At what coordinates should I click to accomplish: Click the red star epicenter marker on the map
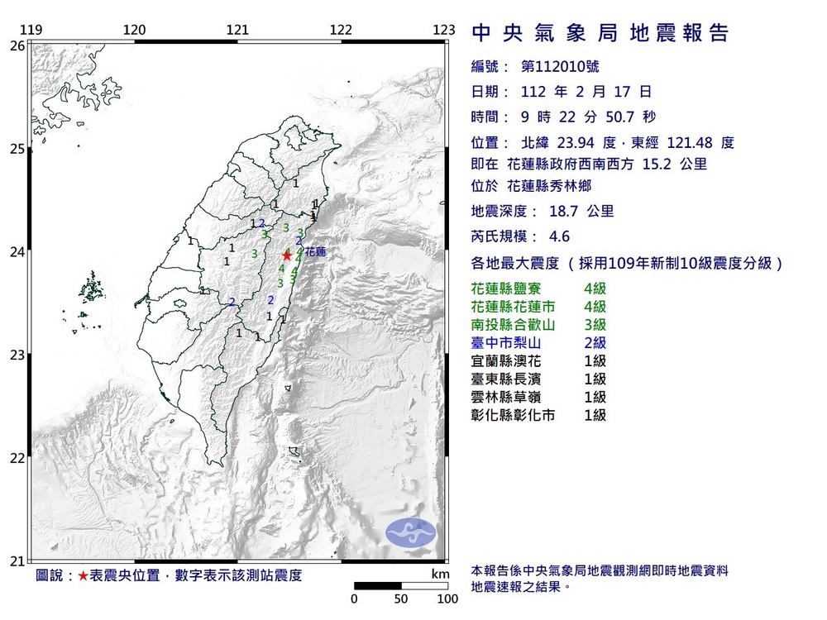tap(287, 256)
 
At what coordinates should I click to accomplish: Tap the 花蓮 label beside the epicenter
tap(315, 251)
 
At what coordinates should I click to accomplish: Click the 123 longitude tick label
tap(444, 31)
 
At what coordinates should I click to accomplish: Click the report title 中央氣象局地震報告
tap(600, 33)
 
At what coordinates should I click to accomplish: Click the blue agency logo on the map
tap(411, 532)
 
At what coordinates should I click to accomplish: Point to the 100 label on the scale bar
tap(447, 599)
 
